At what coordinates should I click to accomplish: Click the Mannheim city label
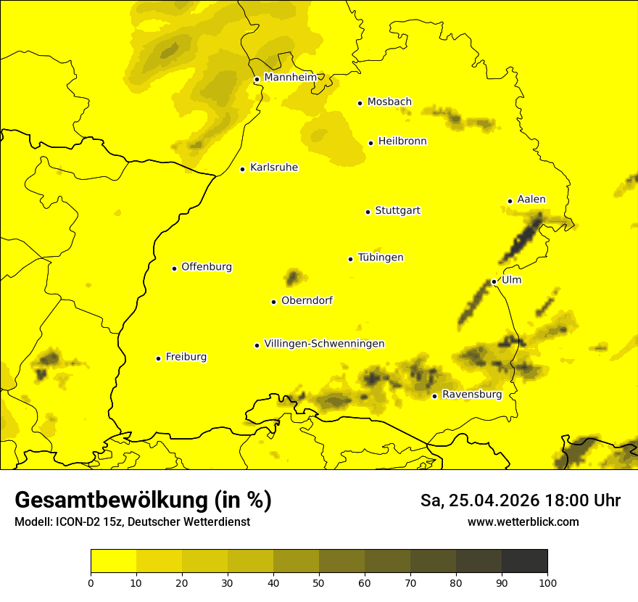point(290,78)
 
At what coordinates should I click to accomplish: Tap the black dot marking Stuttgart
point(368,212)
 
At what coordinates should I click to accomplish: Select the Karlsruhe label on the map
point(273,168)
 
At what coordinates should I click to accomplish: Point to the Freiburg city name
point(186,357)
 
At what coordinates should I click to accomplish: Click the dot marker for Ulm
point(494,281)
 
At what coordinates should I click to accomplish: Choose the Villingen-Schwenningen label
point(324,344)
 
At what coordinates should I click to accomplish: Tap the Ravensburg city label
point(471,395)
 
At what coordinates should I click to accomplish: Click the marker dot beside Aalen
point(510,201)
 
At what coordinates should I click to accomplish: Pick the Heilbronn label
point(402,141)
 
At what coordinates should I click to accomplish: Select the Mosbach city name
point(389,102)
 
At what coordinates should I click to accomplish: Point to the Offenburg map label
point(207,267)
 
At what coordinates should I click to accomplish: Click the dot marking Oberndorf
point(273,302)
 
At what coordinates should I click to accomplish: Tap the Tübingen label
point(381,257)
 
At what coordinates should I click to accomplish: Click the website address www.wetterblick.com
point(523,521)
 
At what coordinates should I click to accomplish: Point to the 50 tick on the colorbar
point(319,582)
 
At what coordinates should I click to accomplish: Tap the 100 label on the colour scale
point(547,582)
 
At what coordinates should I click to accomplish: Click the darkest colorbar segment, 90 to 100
point(524,561)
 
